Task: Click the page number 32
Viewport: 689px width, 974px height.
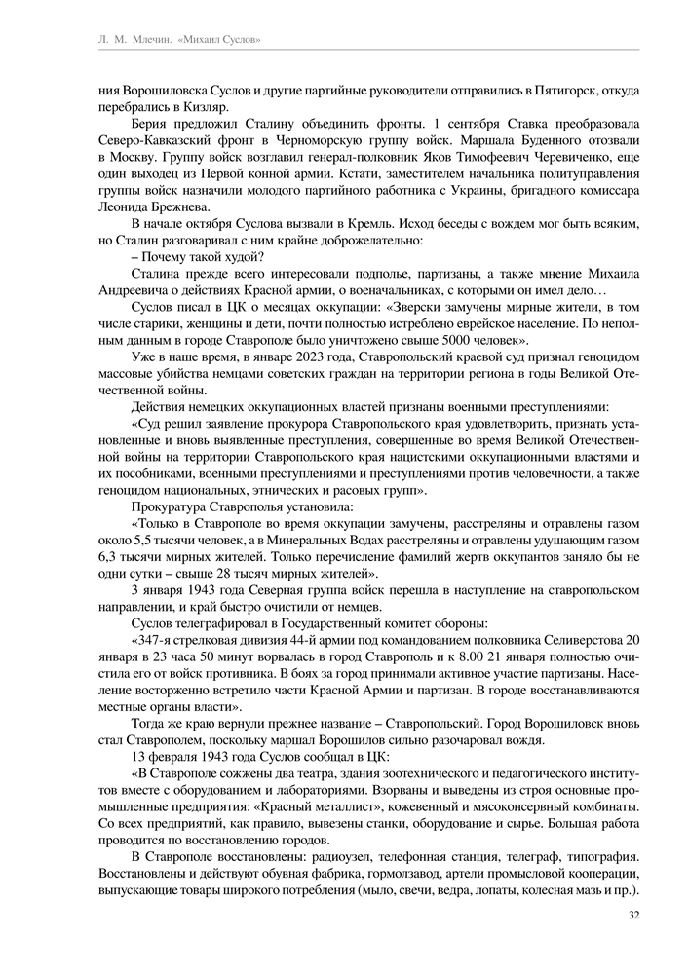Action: (x=633, y=914)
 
